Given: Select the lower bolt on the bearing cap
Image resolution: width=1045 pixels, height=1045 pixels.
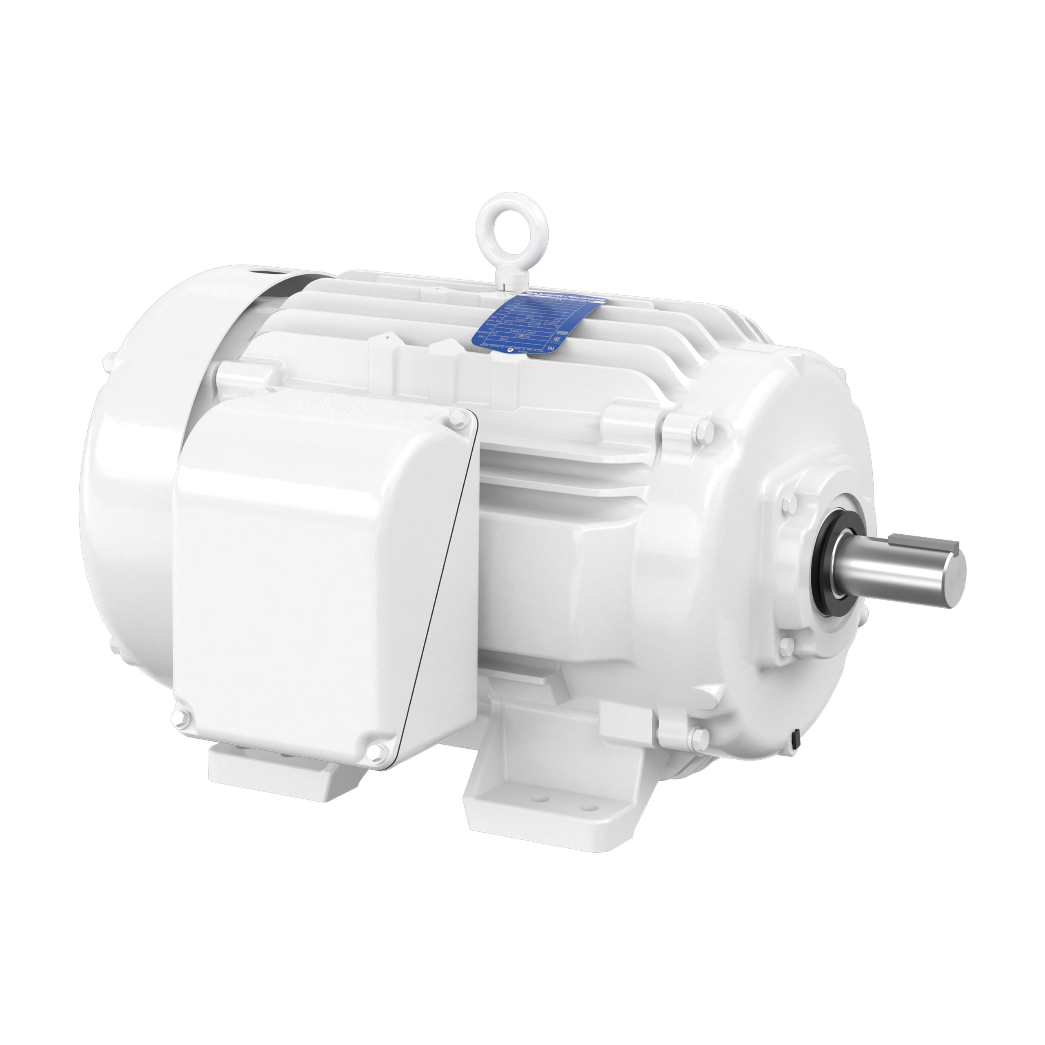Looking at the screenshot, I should pyautogui.click(x=785, y=644).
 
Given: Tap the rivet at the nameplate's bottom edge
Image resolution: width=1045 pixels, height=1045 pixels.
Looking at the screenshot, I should pyautogui.click(x=511, y=351).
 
